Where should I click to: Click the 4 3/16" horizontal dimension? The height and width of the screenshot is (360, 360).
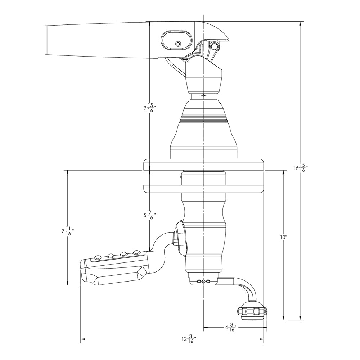[x=230, y=328]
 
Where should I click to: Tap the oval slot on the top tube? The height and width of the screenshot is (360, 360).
[x=176, y=40]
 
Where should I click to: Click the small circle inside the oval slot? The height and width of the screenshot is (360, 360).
[x=177, y=44]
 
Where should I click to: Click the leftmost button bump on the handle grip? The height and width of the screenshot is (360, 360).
[x=98, y=257]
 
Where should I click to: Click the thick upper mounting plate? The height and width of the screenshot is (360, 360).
[x=204, y=165]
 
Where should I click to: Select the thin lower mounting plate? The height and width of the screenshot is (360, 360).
[x=204, y=187]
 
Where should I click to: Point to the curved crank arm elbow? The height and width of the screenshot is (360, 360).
[x=248, y=288]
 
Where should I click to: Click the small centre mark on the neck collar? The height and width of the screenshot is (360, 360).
[x=203, y=96]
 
